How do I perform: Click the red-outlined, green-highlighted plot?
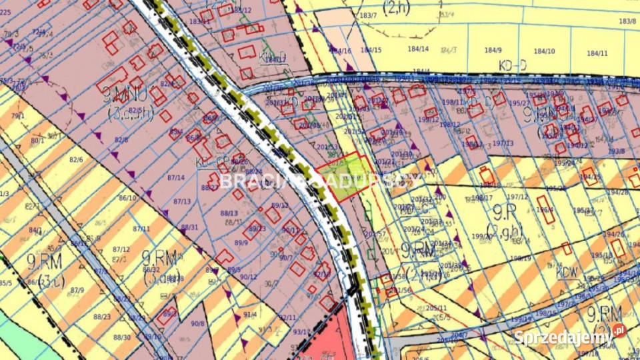pos(345,176)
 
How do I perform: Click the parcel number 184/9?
pos(493,51)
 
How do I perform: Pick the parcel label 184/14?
pos(418,49)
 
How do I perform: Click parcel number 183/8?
pos(627,21)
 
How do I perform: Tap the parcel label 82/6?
pos(76,160)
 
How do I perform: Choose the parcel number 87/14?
pos(175,177)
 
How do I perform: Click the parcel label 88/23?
pos(102,317)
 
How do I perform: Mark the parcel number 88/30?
pos(123,337)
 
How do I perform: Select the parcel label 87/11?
pos(141,229)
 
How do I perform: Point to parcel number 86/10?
pos(127,198)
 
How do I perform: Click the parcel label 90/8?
pos(198,324)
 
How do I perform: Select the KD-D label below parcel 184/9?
pos(512,65)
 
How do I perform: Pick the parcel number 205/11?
pos(436,309)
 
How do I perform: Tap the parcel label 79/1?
pos(17,116)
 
